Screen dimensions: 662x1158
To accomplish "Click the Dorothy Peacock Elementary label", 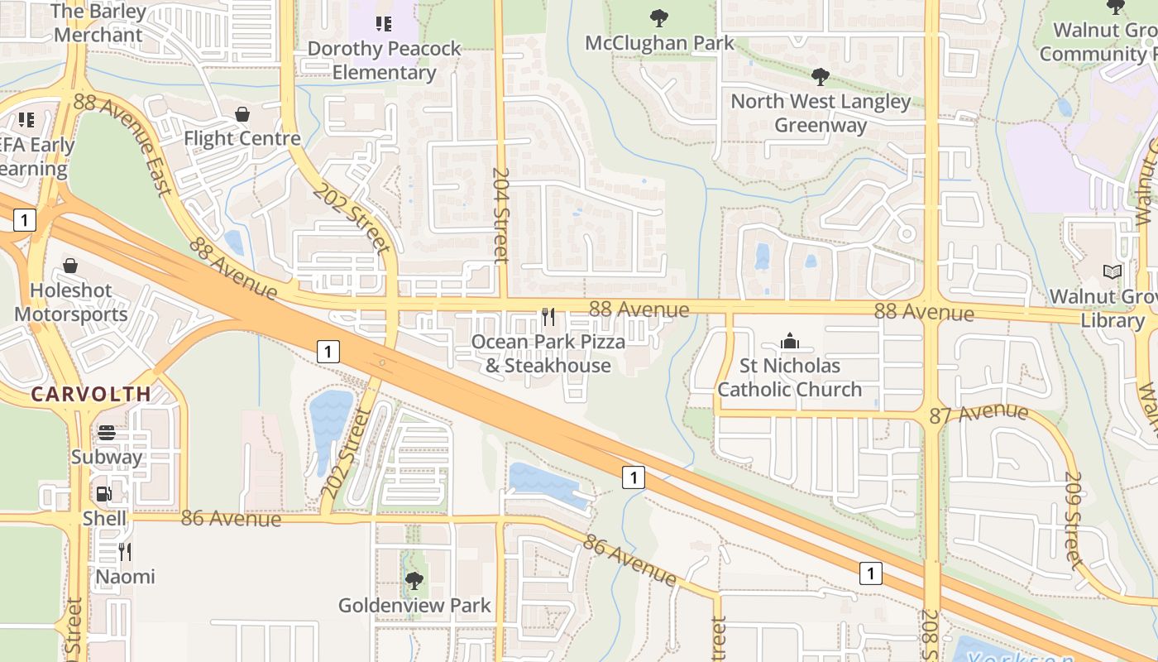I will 384,60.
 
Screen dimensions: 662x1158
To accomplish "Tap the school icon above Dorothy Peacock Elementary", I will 384,23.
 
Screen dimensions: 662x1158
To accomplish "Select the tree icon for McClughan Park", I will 659,17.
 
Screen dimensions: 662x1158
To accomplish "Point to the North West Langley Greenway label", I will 821,113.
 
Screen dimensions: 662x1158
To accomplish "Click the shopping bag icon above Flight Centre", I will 242,114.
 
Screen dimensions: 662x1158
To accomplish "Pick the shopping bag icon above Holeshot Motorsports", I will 70,266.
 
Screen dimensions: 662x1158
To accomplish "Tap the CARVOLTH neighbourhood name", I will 91,394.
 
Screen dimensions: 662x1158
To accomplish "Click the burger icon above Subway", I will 107,433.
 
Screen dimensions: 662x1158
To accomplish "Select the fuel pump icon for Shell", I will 104,494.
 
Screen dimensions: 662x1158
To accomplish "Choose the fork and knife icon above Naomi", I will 125,551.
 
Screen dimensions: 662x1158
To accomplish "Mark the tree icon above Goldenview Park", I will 414,581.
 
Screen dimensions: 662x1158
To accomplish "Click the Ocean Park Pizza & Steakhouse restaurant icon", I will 548,316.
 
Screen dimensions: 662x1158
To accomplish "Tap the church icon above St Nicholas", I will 789,341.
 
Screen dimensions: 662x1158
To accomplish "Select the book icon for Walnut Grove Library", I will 1113,271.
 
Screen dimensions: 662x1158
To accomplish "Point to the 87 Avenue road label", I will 979,413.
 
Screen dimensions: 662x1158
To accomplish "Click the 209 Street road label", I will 1073,520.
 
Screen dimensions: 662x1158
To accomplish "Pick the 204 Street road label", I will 500,215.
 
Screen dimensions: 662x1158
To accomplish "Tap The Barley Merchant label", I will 98,23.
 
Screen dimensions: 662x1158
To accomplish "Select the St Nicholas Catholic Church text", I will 789,377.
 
